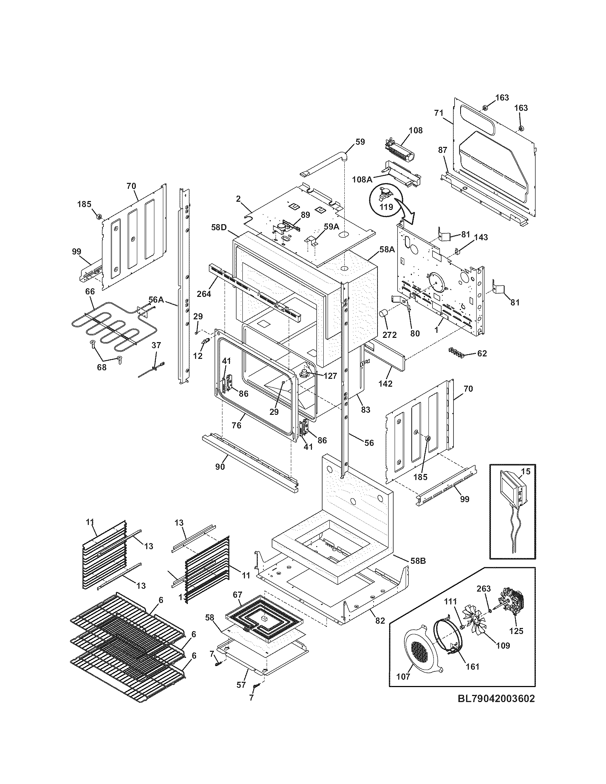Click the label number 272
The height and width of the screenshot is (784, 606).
pos(389,335)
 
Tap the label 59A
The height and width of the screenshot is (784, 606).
pos(331,227)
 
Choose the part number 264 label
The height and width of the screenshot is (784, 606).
pos(204,294)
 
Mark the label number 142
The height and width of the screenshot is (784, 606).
pos(385,383)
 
